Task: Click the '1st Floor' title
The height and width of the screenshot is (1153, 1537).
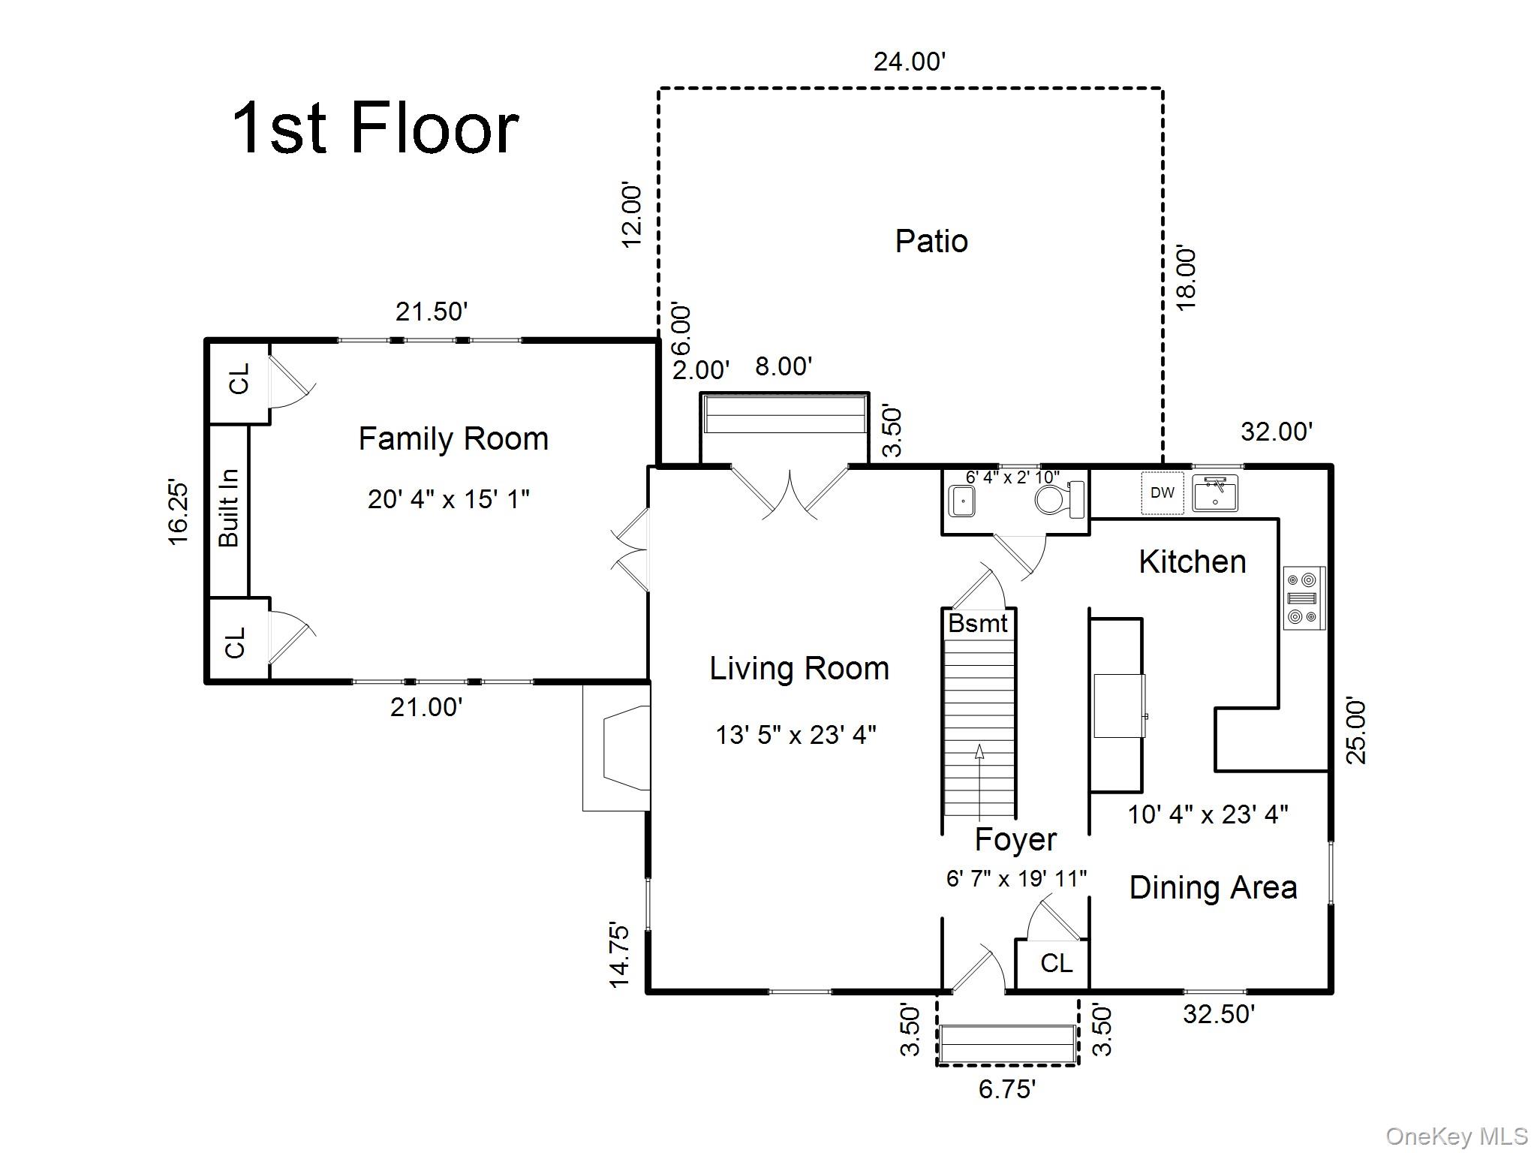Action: [375, 128]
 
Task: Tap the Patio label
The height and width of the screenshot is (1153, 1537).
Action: [931, 241]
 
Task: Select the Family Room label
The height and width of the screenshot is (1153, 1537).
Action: [453, 439]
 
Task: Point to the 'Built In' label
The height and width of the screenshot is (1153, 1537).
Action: [228, 508]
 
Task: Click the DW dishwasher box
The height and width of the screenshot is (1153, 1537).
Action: [1163, 492]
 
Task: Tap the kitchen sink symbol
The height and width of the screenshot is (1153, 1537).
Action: [1215, 493]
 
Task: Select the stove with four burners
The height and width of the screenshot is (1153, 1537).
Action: [1304, 598]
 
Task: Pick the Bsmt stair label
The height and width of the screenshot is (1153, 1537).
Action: [978, 623]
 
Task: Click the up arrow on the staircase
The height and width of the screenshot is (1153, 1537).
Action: [980, 781]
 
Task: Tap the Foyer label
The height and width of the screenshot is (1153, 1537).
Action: [1015, 839]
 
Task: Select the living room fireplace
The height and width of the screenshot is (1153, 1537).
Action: [616, 749]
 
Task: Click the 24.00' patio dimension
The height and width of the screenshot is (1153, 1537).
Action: [910, 62]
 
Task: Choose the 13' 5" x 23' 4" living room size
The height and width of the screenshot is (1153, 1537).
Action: [796, 734]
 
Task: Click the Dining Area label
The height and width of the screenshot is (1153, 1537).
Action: [1213, 888]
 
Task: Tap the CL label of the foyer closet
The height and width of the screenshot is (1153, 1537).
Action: [1057, 963]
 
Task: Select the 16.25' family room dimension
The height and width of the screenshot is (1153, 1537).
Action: [179, 512]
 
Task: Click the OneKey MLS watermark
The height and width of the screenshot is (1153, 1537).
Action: [1457, 1136]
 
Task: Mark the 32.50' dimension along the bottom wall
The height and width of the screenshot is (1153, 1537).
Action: [1219, 1014]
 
